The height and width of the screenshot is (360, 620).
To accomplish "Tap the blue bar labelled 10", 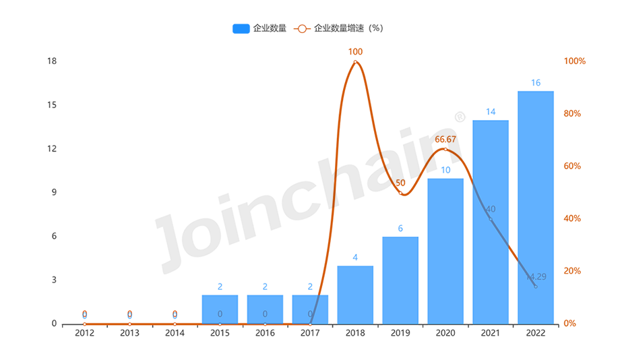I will (445, 249).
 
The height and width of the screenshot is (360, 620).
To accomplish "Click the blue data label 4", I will (355, 257).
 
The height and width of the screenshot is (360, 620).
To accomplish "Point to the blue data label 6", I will (400, 228).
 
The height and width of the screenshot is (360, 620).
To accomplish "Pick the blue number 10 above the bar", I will (445, 170).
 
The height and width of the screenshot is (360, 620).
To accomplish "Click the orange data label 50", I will (400, 183).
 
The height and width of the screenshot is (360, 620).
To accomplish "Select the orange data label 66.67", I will (445, 140).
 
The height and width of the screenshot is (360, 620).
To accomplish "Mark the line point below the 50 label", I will (400, 193).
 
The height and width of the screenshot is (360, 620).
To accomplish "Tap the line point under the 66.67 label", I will (445, 149).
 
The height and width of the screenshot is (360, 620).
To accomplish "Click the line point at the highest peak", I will (355, 62).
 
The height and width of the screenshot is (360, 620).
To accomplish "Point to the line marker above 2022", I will (536, 287).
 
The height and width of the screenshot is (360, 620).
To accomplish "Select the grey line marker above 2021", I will (491, 219).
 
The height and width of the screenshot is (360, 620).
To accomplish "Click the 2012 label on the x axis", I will (84, 331).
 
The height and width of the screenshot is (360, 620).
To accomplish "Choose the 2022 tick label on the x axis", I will (536, 331).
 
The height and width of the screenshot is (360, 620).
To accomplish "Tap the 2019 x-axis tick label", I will (400, 331).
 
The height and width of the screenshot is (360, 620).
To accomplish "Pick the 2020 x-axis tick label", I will (445, 331).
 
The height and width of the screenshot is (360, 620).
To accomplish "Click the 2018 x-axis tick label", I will (355, 331).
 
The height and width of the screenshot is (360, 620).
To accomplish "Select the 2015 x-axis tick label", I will (220, 331).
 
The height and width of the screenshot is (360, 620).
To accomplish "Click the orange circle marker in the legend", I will (302, 28).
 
